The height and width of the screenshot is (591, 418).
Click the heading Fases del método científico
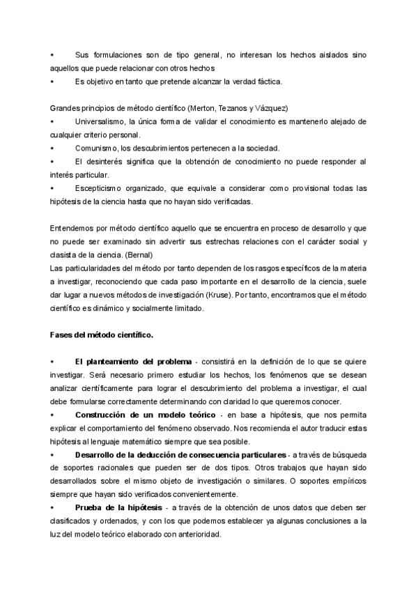101,335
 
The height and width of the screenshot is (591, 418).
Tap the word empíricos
345,481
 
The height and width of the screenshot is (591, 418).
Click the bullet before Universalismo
53,122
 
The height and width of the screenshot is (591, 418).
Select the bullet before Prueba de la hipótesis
53,507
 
